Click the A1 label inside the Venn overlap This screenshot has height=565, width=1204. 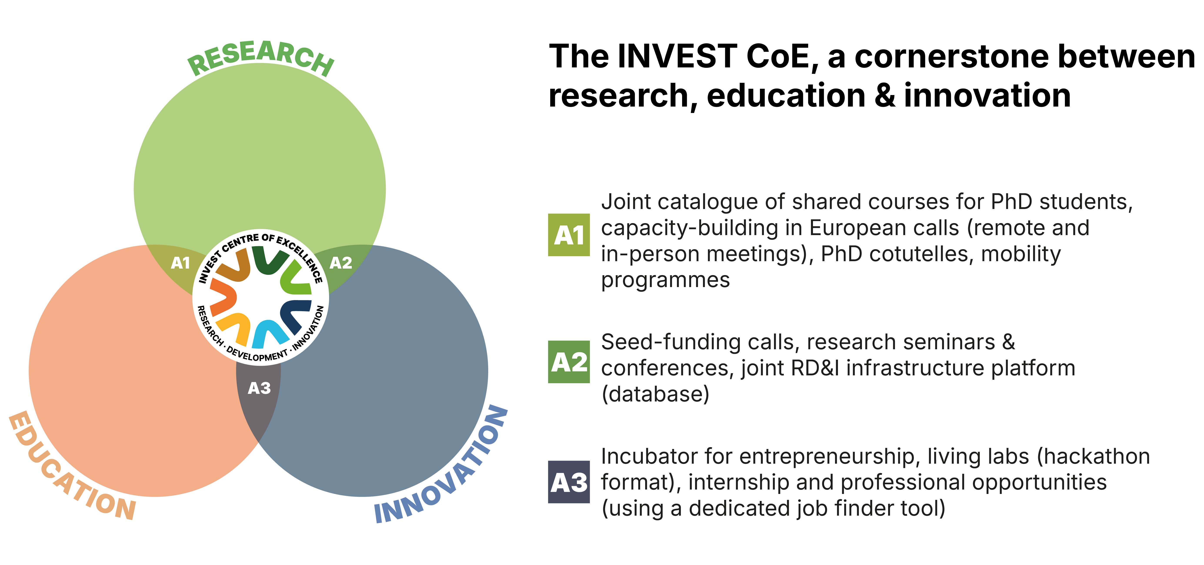tap(180, 263)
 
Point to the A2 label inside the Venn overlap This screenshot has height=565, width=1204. tap(341, 263)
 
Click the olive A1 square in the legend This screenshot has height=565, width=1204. tap(569, 235)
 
